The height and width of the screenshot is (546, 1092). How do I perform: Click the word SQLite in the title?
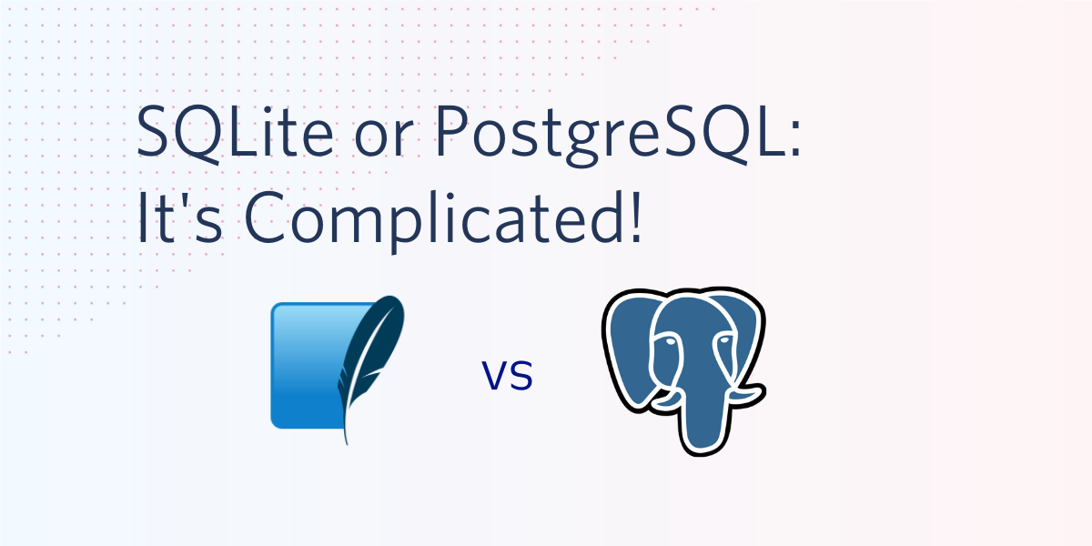[x=235, y=133]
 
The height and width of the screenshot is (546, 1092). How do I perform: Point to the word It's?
[x=180, y=217]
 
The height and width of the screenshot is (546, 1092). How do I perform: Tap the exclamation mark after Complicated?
[x=636, y=217]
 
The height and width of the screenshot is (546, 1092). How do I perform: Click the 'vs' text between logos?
[x=507, y=375]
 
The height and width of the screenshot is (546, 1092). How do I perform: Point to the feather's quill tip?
[x=347, y=442]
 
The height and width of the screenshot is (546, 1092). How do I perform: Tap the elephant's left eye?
[x=671, y=341]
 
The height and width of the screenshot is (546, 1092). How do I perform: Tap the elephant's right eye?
[x=725, y=339]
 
